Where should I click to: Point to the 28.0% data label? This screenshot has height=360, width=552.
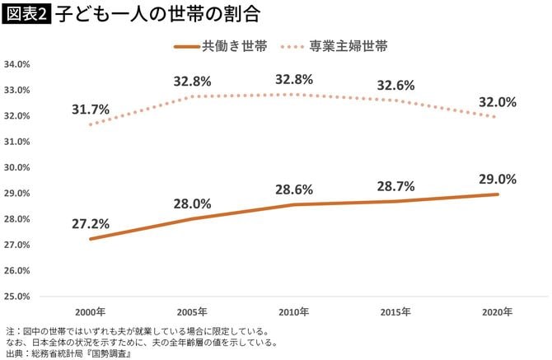click(192, 203)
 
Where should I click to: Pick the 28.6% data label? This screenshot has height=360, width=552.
click(294, 189)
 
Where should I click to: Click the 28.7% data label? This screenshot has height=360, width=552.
click(395, 186)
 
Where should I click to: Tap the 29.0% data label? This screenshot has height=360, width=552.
click(497, 179)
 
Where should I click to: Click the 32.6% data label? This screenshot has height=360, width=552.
click(395, 85)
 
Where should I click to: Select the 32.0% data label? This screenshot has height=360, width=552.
click(497, 102)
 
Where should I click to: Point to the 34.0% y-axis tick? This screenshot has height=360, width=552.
click(17, 63)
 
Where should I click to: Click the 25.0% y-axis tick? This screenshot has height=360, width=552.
click(17, 295)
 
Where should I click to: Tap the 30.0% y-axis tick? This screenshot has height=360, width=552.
click(17, 166)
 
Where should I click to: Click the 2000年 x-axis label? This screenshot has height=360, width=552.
click(90, 312)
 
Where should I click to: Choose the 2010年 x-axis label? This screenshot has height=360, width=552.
click(294, 312)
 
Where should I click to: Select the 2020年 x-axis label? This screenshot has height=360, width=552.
click(497, 312)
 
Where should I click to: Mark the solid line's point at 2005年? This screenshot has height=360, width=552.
click(192, 218)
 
